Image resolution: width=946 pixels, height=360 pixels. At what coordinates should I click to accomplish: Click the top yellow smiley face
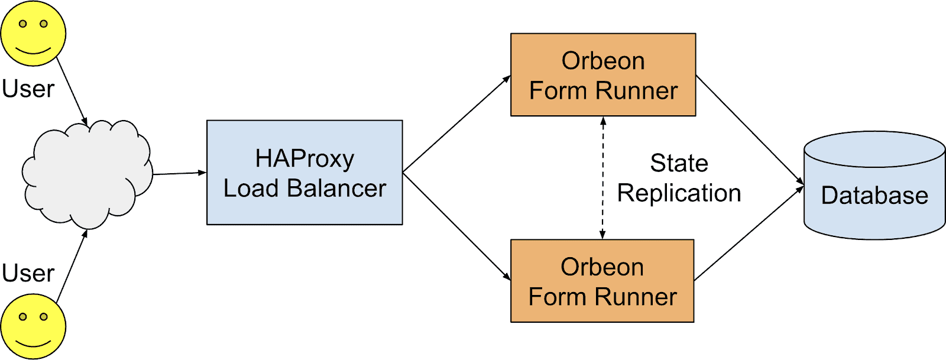coord(33,33)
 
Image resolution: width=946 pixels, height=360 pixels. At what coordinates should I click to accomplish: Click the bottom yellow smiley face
coord(33,326)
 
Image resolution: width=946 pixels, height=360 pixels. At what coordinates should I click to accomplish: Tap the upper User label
coord(28,89)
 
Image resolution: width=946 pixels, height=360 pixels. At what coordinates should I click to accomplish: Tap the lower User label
coord(28,273)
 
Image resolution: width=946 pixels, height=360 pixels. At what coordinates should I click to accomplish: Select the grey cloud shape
coord(88,174)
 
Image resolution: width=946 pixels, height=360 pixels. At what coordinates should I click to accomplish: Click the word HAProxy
coord(304,158)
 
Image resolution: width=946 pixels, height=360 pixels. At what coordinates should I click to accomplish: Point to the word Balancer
coord(336,189)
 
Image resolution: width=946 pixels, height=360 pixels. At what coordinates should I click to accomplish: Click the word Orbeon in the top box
coord(602,61)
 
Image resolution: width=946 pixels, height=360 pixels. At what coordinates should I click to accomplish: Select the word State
coord(679,163)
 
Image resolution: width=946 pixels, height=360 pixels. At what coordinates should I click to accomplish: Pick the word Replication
coord(679,193)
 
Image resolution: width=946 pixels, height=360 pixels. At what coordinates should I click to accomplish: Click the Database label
coord(874,196)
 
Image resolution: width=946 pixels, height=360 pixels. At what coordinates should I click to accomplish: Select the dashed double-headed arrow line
coord(602,177)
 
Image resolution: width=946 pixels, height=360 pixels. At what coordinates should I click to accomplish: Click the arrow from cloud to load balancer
coord(179,173)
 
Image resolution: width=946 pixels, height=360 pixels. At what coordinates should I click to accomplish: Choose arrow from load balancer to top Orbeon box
coord(456,124)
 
